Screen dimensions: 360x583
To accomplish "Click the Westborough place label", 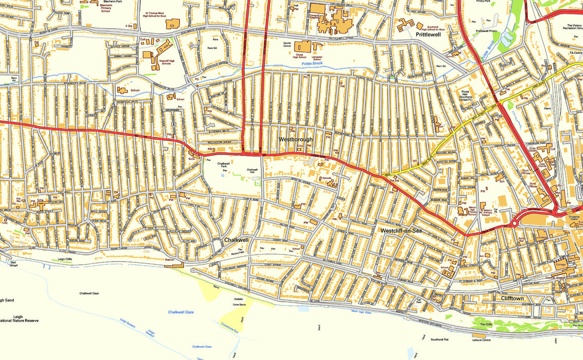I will point(296,139).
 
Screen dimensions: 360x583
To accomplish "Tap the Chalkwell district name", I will point(236,240).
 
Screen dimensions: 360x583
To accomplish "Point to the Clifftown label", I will point(512,298).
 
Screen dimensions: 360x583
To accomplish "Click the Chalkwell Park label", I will point(223,165).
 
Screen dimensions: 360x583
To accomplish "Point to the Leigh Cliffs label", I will point(65,259).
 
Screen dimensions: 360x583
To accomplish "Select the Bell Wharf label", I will point(13,264).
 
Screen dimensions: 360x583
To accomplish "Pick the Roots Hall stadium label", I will point(466,96).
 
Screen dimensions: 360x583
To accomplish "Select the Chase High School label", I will point(299,56).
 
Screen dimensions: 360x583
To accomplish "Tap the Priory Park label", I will point(483,2).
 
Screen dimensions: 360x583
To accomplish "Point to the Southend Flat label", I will point(440,339).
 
